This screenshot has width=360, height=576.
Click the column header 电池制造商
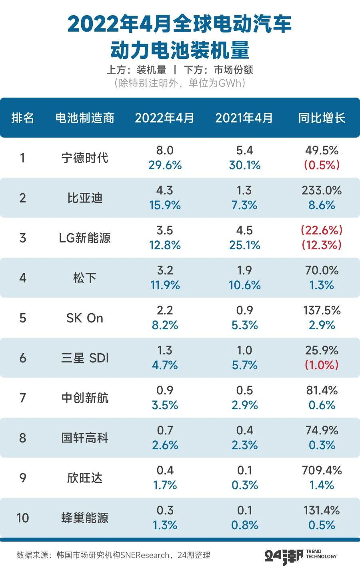pos(85,118)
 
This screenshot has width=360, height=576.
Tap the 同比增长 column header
pos(322,118)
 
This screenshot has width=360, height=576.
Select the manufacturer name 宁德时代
pos(85,158)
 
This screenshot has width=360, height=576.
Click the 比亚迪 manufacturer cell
pos(85,198)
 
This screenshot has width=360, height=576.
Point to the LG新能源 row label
pos(85,238)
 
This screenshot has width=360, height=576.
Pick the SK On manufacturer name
pos(85,318)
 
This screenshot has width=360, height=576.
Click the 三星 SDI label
pos(85,358)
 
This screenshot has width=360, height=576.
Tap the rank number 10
pos(23,518)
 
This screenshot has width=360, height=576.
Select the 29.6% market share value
pos(165,165)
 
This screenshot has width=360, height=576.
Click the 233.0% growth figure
pos(322,190)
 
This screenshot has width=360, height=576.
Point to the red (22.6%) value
pos(322,230)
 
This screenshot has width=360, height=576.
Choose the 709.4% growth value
pos(322,470)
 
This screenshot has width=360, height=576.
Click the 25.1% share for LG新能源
pos(244,245)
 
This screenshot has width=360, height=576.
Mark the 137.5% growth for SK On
pos(322,310)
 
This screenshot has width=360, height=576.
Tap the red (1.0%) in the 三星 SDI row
pos(322,365)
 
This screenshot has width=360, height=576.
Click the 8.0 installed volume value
pos(165,150)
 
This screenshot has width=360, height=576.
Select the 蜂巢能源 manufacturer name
pos(85,518)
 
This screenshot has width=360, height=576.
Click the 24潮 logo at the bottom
pos(284,556)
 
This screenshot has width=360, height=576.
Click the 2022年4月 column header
pos(164,118)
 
